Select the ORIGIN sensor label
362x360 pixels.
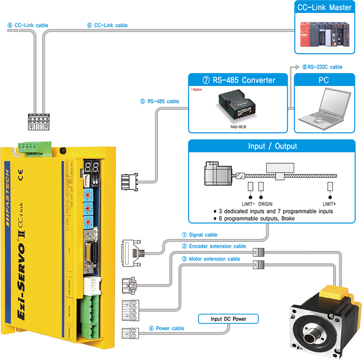click(x=265, y=204)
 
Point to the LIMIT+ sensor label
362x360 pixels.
click(x=330, y=204)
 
